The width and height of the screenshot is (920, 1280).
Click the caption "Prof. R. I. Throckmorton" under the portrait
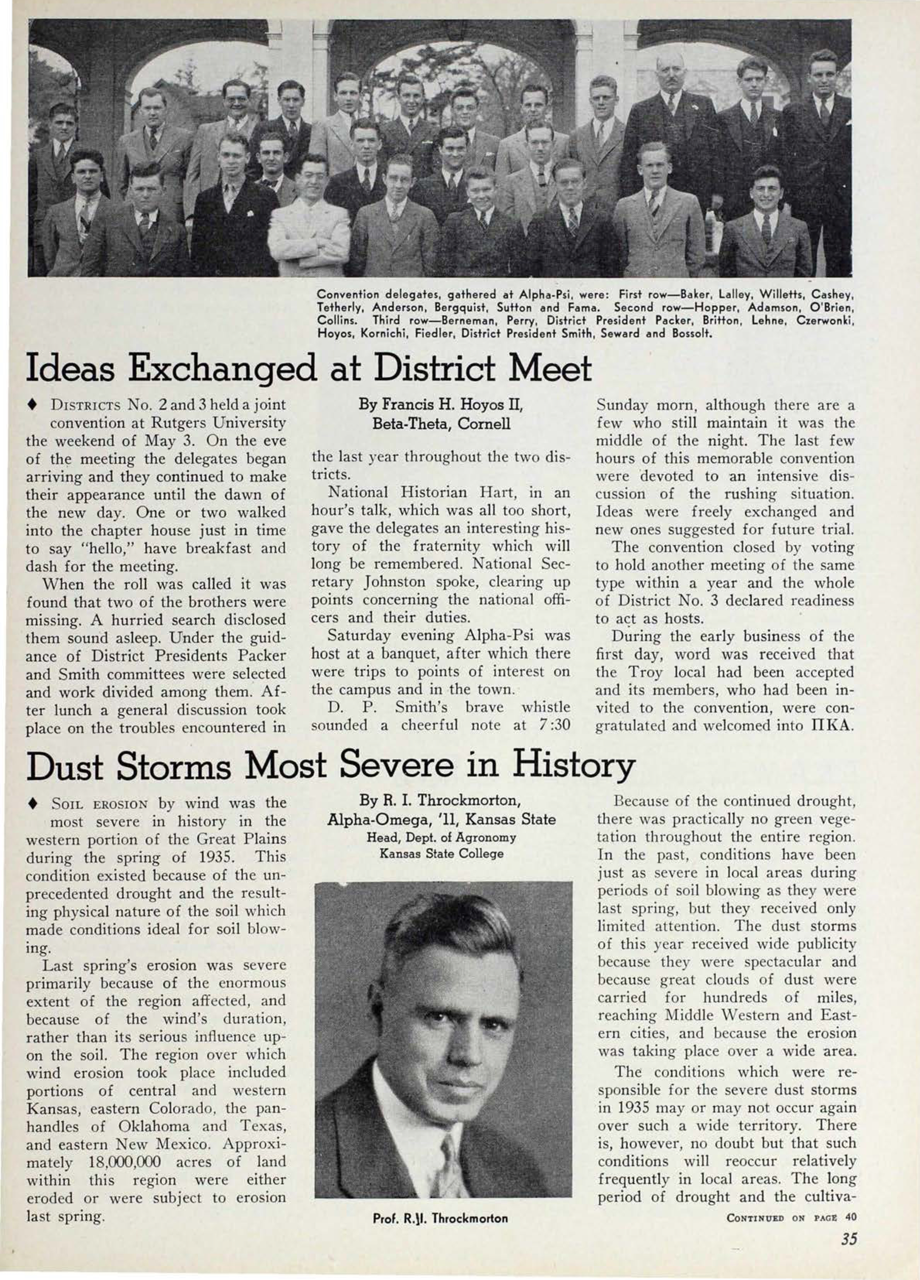(x=440, y=1218)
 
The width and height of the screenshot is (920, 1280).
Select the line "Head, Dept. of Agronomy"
(x=441, y=837)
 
